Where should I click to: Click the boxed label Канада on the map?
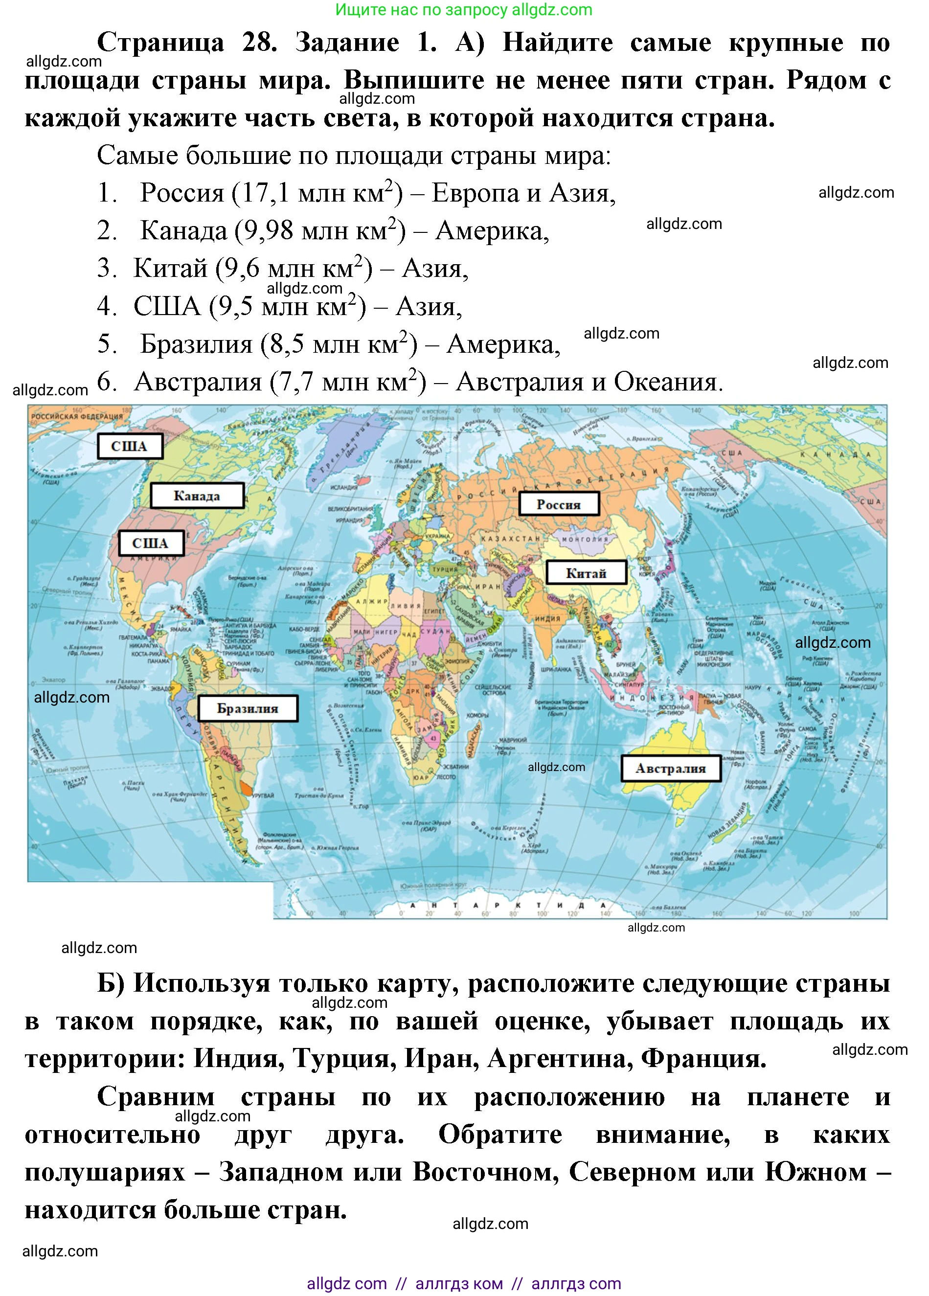(x=197, y=496)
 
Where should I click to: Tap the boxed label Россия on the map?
(x=558, y=504)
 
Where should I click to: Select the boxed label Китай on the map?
(x=586, y=572)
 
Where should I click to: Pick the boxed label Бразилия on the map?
(x=248, y=708)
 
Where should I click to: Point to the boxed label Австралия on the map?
(x=670, y=769)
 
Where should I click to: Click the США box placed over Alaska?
(x=129, y=446)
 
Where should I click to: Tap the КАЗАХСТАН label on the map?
(x=510, y=538)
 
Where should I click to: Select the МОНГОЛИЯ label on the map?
(x=585, y=539)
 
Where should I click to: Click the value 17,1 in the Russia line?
(x=266, y=193)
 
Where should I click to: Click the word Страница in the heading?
(x=160, y=42)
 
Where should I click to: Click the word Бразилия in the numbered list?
(x=196, y=344)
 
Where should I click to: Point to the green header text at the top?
(x=464, y=10)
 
